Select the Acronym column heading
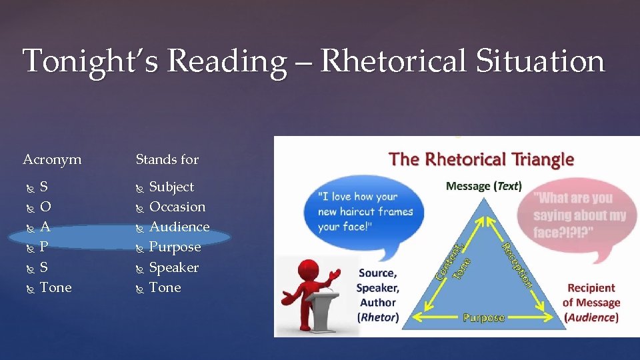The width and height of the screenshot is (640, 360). pos(52,159)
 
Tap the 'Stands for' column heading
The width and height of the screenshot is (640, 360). pos(167,159)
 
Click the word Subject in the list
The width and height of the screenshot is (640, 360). pos(171,187)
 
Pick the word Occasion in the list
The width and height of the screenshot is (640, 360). pos(177,207)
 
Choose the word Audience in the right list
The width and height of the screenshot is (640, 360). pos(179,227)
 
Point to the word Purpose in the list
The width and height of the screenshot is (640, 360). pos(175,247)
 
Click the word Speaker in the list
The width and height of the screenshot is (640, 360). pos(173,267)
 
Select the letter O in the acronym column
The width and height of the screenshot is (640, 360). pos(45,207)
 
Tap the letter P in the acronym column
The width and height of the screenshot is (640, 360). pos(44,247)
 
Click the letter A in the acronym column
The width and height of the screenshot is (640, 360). pos(45,227)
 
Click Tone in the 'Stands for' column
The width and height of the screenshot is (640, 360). pos(165,287)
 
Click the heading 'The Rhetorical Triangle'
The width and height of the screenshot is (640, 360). pos(481,159)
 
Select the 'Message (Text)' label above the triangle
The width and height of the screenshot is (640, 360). pos(483,186)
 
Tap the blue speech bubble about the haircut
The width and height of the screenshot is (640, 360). pos(364,211)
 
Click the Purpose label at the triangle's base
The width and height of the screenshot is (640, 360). pos(483,318)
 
